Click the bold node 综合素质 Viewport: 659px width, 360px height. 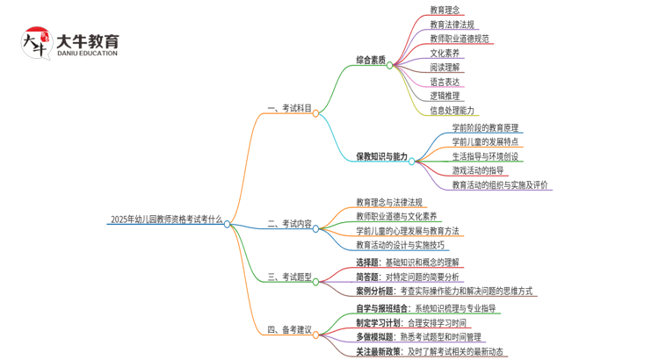tap(371, 60)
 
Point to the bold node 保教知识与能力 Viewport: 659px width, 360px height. tap(381, 156)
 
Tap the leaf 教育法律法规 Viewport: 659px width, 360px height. tap(452, 25)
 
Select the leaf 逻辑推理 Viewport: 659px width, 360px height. tap(445, 96)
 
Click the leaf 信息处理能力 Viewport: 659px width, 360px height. tap(452, 111)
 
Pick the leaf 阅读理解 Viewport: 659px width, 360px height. tap(445, 68)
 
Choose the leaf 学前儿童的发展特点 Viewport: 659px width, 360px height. tap(485, 141)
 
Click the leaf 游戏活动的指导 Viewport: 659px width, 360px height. tap(478, 169)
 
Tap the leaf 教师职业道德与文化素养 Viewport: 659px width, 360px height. tap(396, 216)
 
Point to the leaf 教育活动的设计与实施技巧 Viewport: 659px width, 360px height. tap(400, 245)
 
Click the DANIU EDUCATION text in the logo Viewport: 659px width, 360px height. tap(86, 53)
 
